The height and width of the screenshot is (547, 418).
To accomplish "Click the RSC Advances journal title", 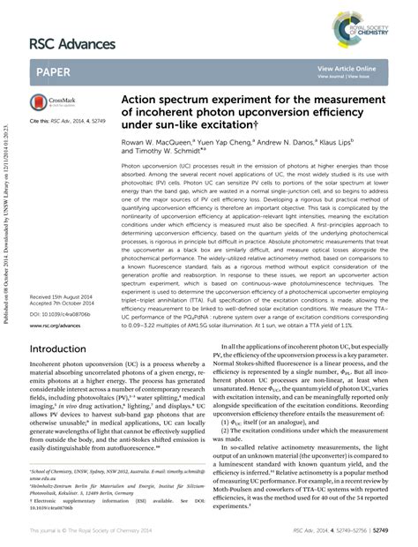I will (72, 43).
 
